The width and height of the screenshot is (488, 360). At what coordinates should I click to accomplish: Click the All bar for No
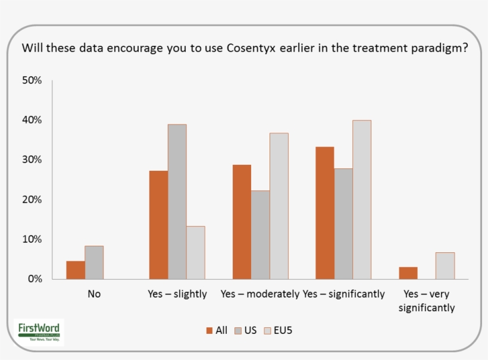76,270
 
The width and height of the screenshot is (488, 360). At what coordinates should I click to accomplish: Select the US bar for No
94,262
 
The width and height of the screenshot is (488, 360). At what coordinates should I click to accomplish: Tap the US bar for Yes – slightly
177,202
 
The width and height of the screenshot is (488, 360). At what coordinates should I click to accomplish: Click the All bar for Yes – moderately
242,222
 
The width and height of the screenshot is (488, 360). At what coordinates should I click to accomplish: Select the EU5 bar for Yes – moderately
279,206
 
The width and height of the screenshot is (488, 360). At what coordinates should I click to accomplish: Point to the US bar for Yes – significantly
343,224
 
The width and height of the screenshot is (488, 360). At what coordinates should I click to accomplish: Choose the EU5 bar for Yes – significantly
362,199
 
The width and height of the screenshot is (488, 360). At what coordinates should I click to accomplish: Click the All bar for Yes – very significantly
408,273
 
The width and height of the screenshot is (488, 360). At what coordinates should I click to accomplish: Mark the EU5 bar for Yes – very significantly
445,266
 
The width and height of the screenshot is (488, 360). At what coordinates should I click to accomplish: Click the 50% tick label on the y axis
32,80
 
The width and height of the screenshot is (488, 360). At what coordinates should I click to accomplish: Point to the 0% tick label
34,279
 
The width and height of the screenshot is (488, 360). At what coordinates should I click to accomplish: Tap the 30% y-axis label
32,160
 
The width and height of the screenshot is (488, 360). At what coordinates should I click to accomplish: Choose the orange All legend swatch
209,330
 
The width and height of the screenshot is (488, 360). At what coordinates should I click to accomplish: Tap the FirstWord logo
39,331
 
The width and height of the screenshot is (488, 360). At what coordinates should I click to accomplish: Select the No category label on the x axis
94,294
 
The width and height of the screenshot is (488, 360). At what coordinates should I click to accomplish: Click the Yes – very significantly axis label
427,300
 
